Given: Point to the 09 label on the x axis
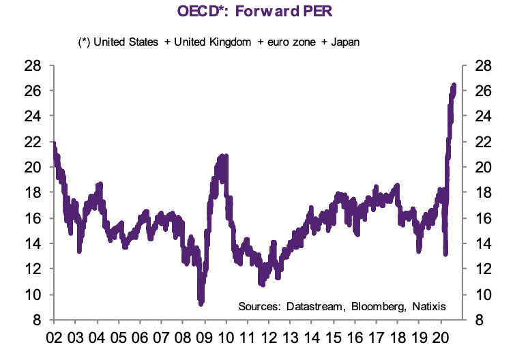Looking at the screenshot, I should click(204, 337).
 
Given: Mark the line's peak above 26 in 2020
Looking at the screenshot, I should click(454, 85).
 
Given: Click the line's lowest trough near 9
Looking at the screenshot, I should click(201, 303).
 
